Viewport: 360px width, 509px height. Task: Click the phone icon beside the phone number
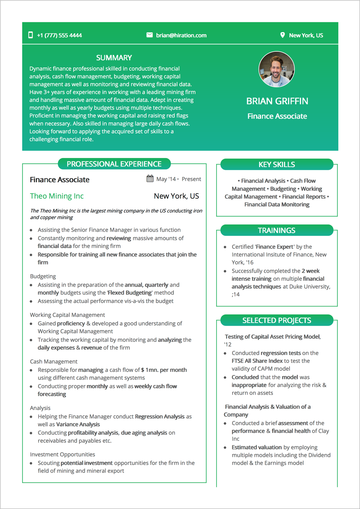(31, 35)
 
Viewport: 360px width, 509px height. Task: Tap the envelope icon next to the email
(149, 35)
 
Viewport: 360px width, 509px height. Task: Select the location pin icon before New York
(282, 35)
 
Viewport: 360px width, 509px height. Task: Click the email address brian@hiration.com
(181, 35)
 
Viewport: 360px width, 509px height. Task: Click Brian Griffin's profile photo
(276, 69)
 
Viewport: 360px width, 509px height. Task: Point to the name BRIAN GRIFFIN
(277, 101)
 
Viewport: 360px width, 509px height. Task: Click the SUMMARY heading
(114, 58)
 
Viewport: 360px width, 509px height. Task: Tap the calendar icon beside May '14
(150, 179)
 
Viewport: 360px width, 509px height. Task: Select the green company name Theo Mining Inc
(57, 196)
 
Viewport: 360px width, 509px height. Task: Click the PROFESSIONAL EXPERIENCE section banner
(114, 164)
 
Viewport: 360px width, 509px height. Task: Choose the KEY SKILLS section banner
(276, 165)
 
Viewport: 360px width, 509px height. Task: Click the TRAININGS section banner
(276, 230)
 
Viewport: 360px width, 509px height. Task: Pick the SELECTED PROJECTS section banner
(276, 320)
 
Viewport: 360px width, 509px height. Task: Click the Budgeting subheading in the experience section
(43, 276)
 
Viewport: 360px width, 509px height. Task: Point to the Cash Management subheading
(54, 361)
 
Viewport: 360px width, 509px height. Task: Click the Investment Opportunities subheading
(62, 454)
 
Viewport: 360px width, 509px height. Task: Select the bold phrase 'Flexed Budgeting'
(130, 293)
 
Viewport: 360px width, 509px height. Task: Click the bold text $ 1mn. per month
(164, 370)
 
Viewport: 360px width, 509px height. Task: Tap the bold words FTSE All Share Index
(257, 361)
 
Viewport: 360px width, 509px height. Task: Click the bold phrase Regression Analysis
(159, 416)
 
